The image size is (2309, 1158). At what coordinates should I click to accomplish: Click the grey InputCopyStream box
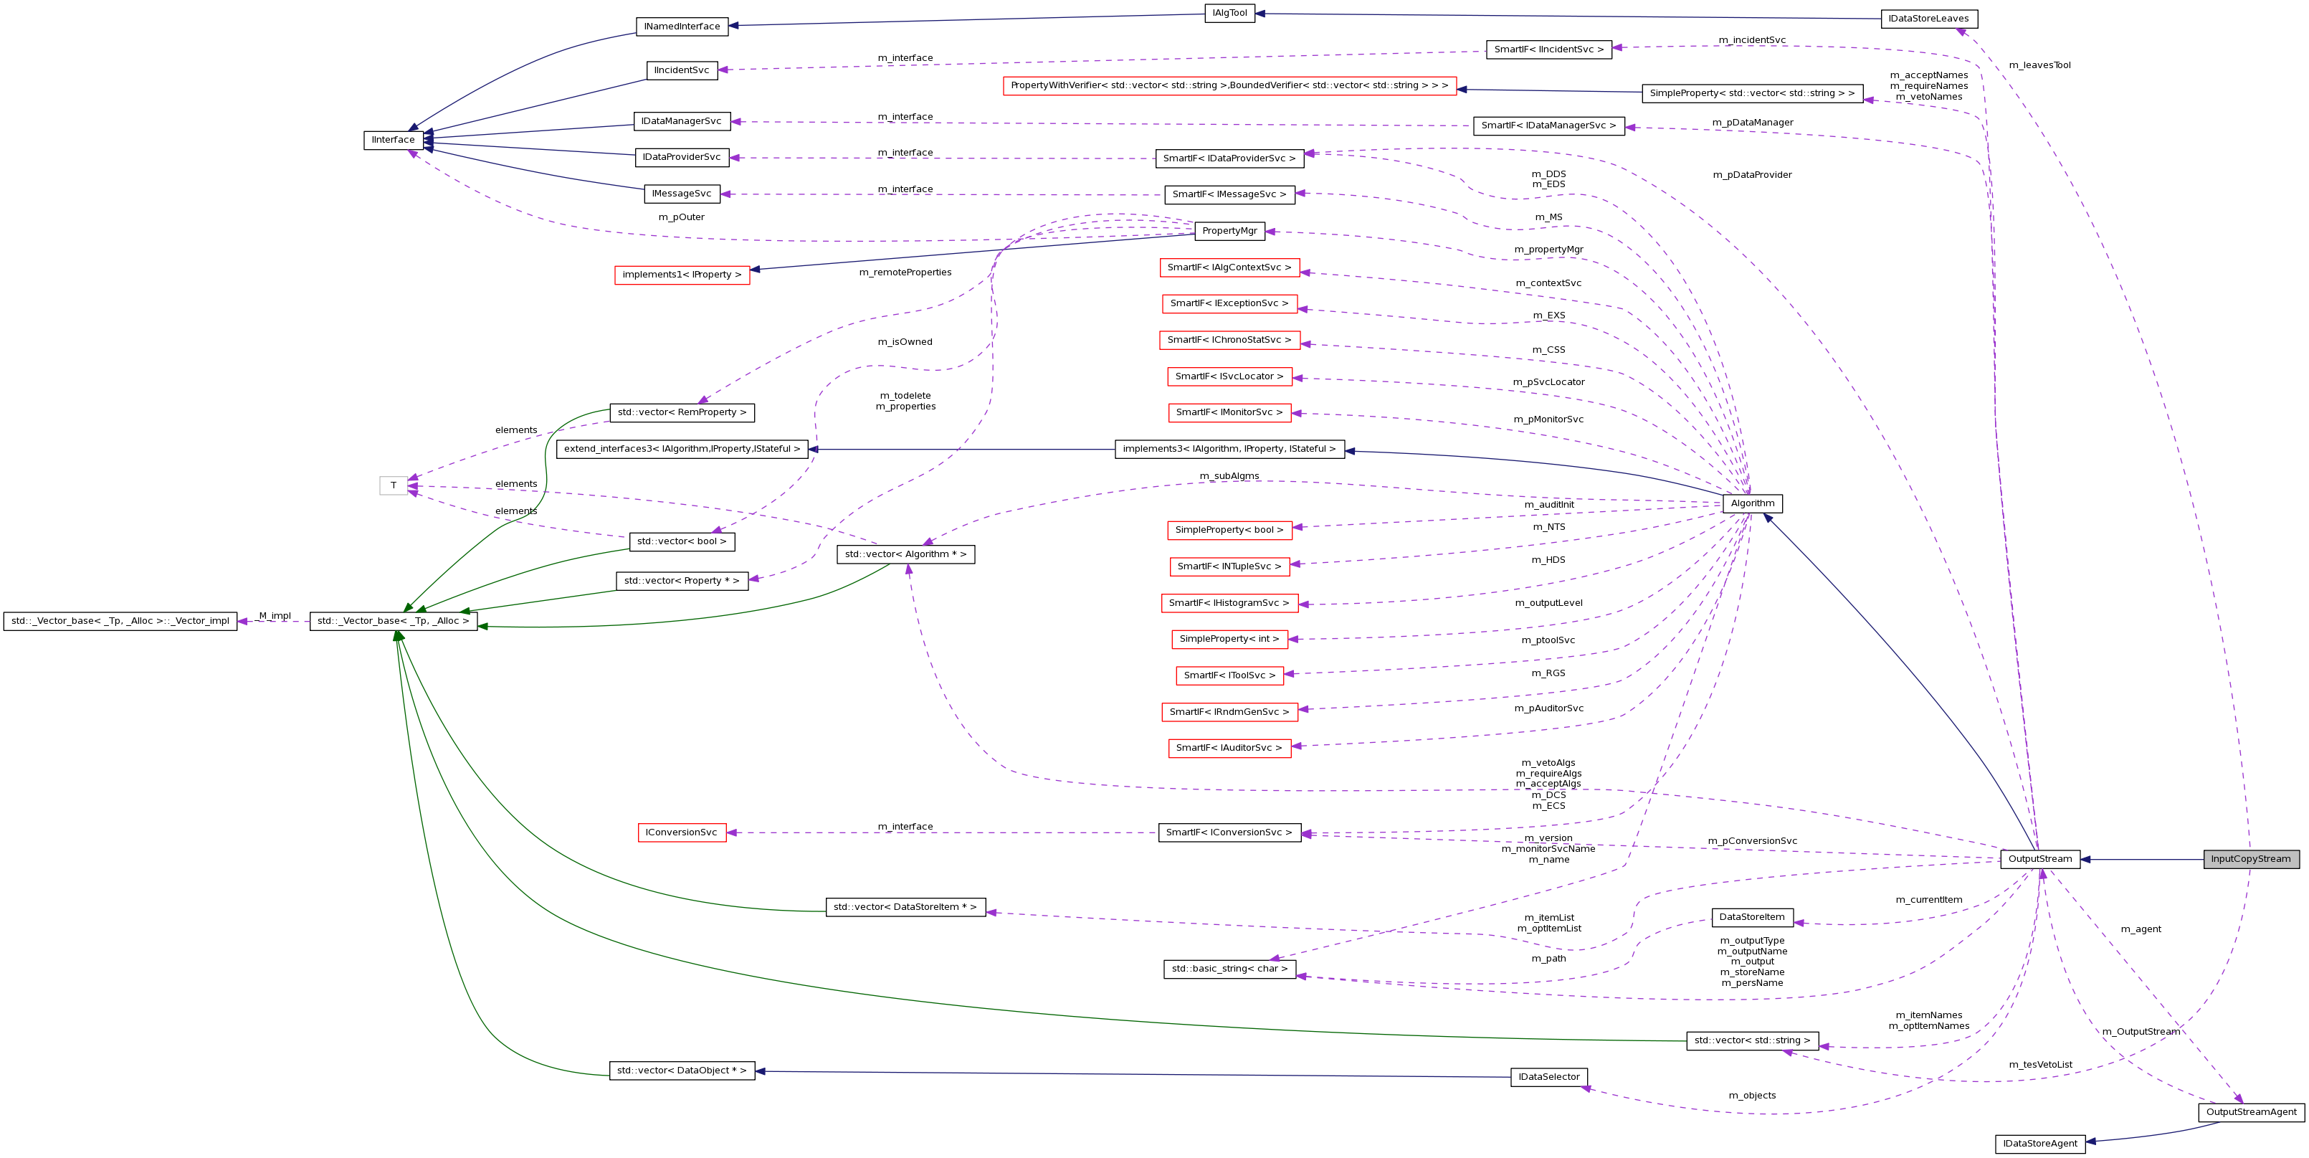tap(2250, 859)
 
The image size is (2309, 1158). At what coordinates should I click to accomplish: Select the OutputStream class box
tap(2039, 859)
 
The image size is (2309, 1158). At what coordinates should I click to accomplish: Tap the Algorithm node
tap(1751, 503)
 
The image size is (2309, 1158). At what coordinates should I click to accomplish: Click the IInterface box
tap(394, 140)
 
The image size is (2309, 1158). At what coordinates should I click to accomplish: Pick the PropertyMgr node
tap(1229, 231)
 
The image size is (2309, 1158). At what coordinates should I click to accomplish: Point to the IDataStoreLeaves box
tap(1928, 19)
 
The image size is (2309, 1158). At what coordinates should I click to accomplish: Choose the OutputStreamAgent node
tap(2251, 1112)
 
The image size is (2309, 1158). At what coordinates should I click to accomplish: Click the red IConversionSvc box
tap(681, 832)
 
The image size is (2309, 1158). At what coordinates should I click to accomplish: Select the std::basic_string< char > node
tap(1229, 969)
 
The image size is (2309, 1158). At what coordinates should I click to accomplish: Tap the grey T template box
tap(394, 486)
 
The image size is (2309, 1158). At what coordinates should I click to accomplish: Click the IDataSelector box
tap(1548, 1077)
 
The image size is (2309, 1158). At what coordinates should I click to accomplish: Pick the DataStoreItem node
tap(1751, 917)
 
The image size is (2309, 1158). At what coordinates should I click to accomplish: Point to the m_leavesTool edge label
tap(2039, 65)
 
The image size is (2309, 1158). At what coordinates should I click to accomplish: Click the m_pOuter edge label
tap(681, 217)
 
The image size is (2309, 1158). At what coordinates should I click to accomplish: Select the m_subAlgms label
tap(1229, 476)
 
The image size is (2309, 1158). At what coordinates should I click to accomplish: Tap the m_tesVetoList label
tap(2040, 1065)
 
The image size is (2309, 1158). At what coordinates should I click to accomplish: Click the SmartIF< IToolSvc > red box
tap(1229, 675)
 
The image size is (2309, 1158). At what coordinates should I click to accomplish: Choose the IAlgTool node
tap(1229, 14)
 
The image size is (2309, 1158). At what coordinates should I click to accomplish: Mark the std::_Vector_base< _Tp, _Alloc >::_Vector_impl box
tap(120, 621)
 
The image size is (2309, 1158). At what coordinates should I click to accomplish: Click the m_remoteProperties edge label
tap(905, 272)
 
